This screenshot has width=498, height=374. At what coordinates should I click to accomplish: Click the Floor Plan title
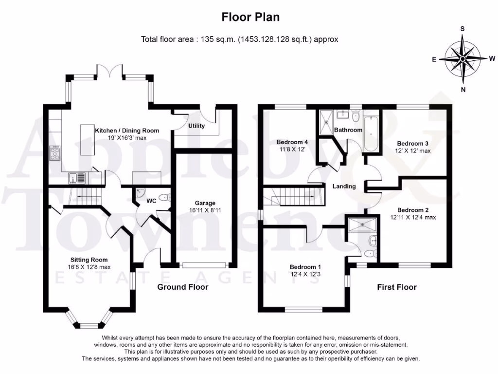click(250, 17)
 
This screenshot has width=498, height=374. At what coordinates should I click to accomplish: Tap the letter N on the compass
click(463, 90)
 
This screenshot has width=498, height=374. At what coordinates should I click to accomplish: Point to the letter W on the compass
click(492, 58)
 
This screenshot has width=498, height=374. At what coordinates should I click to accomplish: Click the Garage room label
click(205, 203)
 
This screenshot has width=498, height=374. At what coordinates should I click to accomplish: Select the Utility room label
click(196, 126)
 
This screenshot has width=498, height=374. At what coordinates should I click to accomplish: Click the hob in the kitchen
click(54, 153)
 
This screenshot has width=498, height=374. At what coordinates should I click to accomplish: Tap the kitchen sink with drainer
click(77, 178)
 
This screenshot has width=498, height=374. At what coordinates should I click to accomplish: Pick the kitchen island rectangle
click(88, 140)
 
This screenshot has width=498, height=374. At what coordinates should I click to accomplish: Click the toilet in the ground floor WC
click(164, 198)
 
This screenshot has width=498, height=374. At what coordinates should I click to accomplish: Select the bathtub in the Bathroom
click(370, 134)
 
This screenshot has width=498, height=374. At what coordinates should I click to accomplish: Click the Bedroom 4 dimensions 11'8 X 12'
click(292, 149)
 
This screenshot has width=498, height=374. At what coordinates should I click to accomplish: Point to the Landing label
click(344, 187)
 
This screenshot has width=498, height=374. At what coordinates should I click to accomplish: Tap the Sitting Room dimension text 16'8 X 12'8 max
click(89, 267)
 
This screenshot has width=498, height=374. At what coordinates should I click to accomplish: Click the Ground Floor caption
click(183, 287)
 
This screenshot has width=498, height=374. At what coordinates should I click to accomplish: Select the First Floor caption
click(397, 287)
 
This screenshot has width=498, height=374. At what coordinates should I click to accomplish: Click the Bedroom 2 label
click(413, 210)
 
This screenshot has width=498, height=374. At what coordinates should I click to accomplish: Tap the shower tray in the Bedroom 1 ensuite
click(362, 224)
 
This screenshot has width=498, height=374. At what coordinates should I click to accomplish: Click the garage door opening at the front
click(204, 265)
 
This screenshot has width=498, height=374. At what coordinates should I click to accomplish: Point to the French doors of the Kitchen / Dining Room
click(109, 71)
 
